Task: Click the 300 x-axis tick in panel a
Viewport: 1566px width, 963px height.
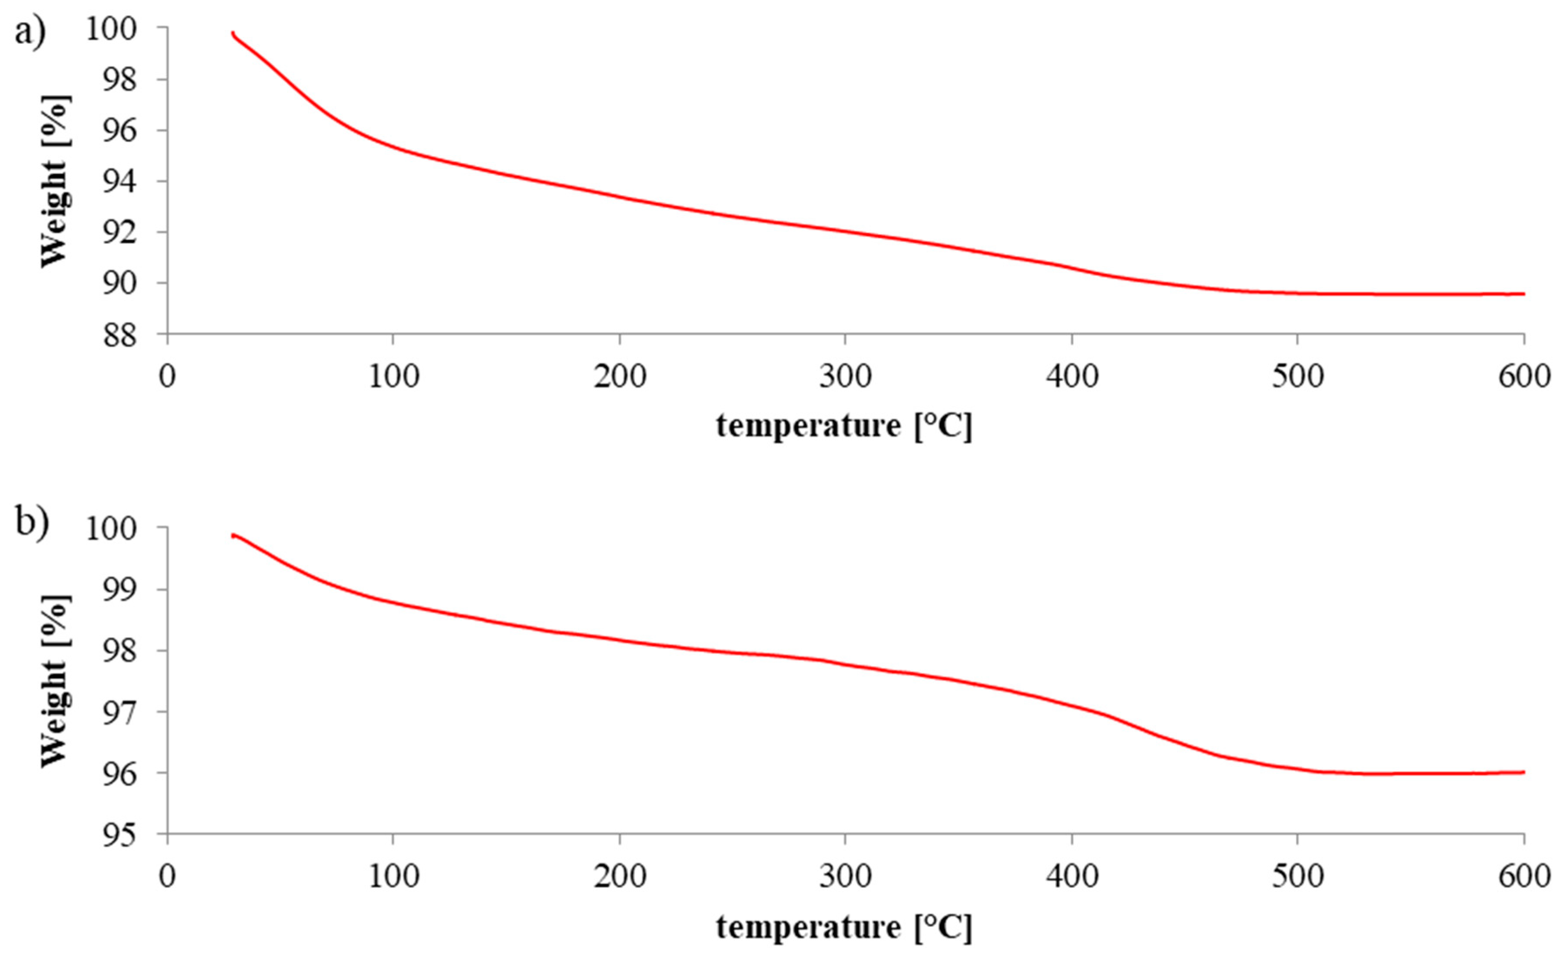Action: coord(845,377)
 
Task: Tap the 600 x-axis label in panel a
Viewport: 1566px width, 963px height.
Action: coord(1523,377)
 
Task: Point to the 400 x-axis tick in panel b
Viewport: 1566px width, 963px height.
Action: coord(1072,877)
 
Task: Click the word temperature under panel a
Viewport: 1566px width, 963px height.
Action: coord(808,425)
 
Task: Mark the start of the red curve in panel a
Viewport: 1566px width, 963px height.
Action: coord(233,33)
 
